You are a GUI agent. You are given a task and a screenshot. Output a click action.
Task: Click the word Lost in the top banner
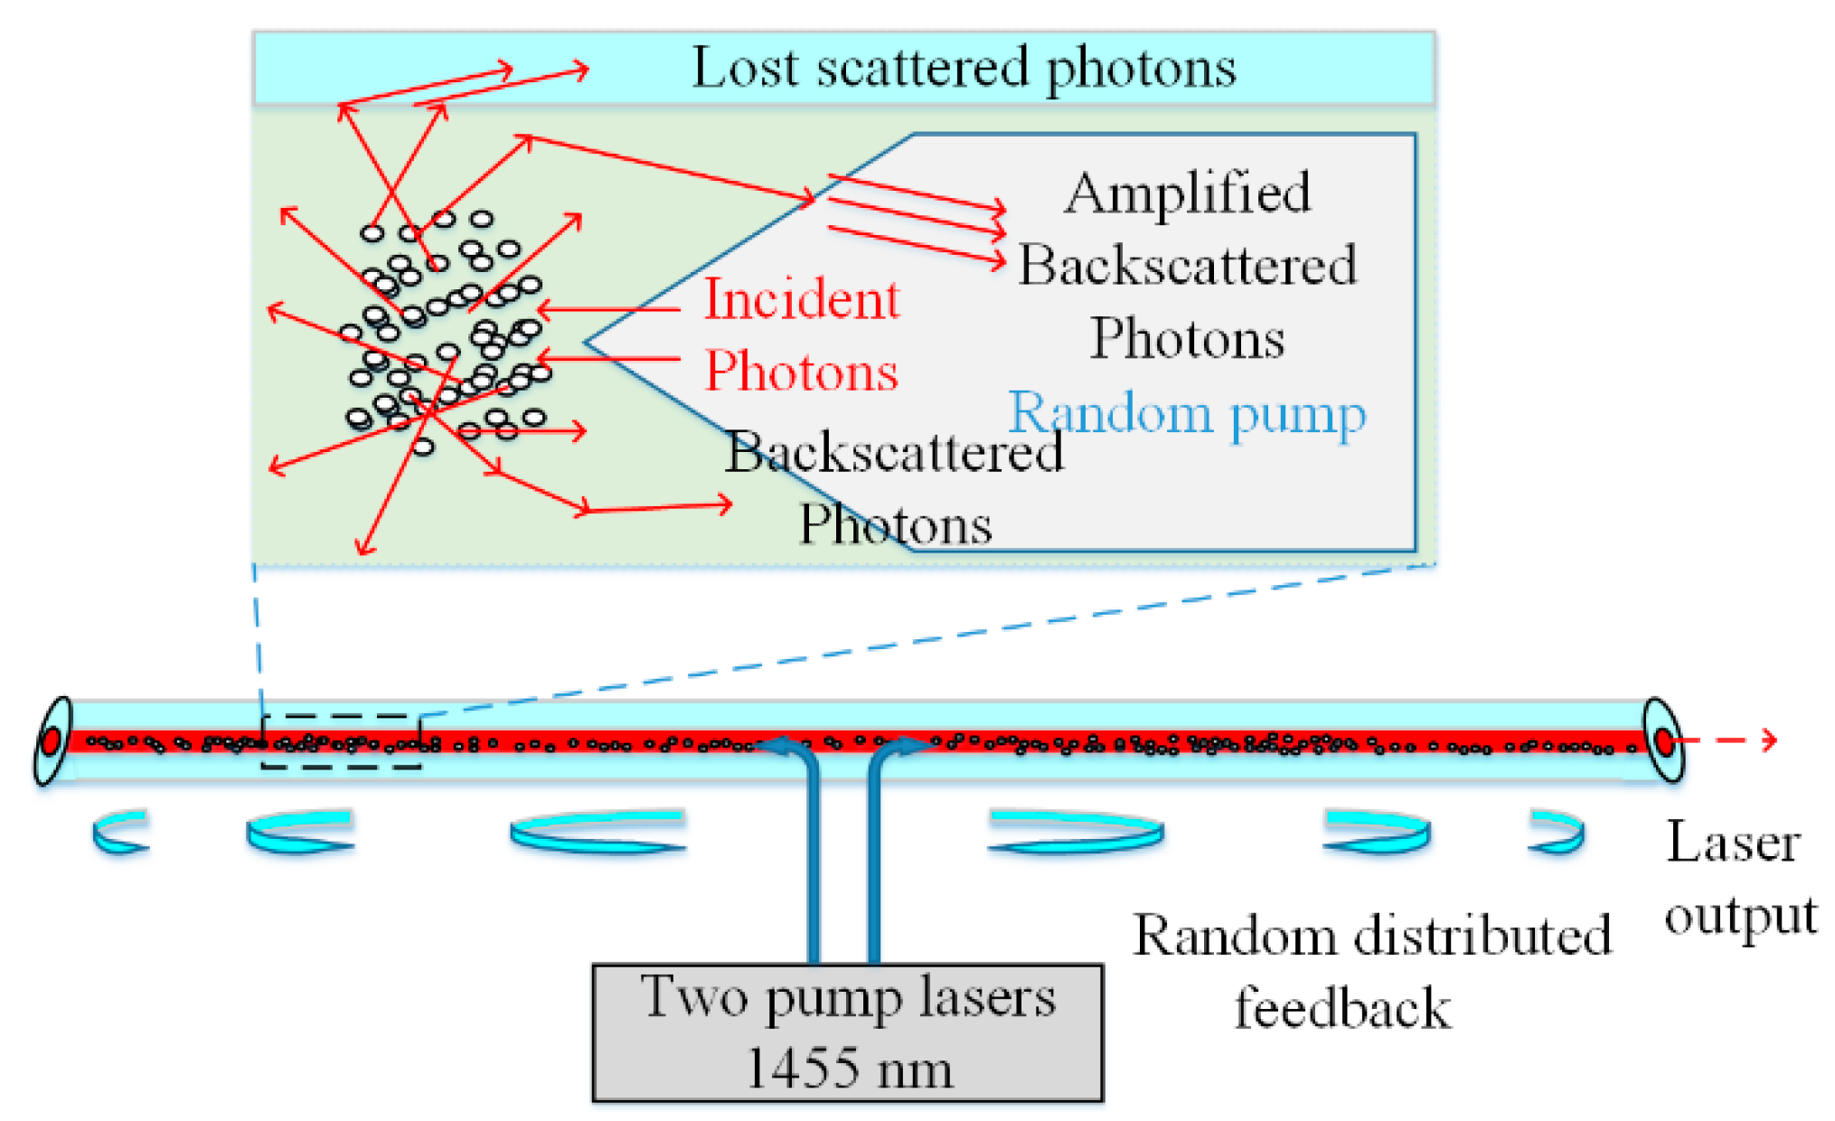pyautogui.click(x=745, y=68)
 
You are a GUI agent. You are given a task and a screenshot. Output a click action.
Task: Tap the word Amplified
pyautogui.click(x=1187, y=193)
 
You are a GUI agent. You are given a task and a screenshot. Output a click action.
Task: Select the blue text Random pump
pyautogui.click(x=1186, y=414)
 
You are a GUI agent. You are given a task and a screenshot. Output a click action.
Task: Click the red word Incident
pyautogui.click(x=802, y=299)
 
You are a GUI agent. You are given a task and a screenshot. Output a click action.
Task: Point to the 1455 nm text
pyautogui.click(x=849, y=1069)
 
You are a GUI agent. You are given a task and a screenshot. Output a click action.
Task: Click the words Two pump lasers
pyautogui.click(x=848, y=997)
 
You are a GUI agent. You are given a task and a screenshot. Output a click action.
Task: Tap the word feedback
pyautogui.click(x=1343, y=1008)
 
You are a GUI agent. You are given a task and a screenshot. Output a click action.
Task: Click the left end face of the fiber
pyautogui.click(x=52, y=739)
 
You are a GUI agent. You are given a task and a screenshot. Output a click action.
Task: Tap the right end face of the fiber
pyautogui.click(x=1663, y=739)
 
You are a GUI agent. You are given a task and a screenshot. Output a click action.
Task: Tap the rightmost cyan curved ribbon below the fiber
pyautogui.click(x=1557, y=832)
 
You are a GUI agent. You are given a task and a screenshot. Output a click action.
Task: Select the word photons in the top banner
pyautogui.click(x=1141, y=69)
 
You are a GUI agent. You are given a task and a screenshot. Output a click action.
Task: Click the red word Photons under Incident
pyautogui.click(x=802, y=372)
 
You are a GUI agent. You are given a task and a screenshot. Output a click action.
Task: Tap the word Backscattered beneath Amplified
pyautogui.click(x=1187, y=266)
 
